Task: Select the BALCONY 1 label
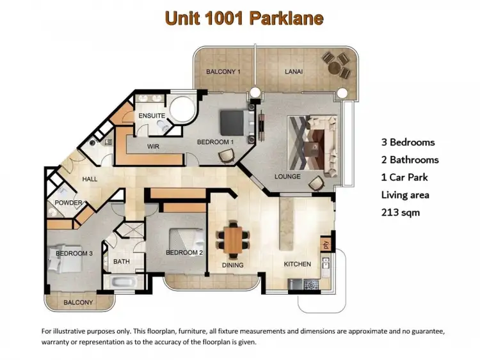[223, 72]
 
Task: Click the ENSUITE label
[152, 116]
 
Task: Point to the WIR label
[153, 146]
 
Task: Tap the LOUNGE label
[287, 175]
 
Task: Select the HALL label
[90, 179]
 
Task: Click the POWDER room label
[68, 203]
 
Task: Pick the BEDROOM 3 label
[74, 253]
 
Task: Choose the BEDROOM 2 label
[184, 253]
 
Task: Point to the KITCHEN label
[298, 264]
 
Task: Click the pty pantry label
[325, 244]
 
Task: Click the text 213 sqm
[400, 212]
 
